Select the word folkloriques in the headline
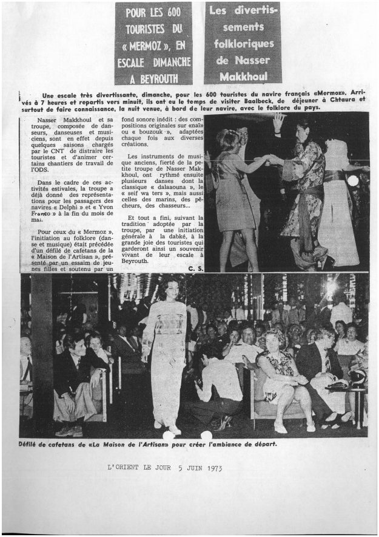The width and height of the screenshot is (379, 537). click(x=243, y=44)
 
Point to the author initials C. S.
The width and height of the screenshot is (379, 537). click(x=195, y=268)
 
